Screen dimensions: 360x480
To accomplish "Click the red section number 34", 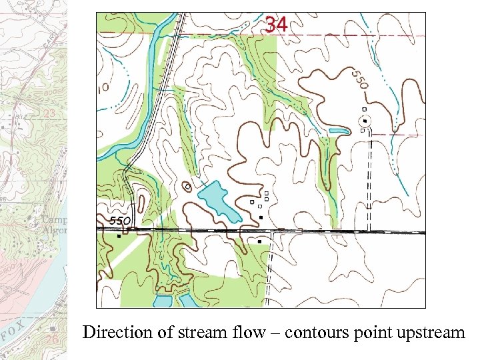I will pos(276,25).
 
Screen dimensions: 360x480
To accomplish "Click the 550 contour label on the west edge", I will pos(120,221).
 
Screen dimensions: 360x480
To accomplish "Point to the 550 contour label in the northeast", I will pos(359,81).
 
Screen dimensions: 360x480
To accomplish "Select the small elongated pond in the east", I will pos(338,131).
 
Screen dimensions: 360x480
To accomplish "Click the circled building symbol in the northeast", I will pos(365,121).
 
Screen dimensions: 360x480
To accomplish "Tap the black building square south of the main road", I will pos(259,241).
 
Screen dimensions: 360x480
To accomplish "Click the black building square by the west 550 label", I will pos(119,235).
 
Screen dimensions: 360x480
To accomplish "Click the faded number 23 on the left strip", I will pos(48,114).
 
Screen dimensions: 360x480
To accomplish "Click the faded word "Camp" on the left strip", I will pos(55,219).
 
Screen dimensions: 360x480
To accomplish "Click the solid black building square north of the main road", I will pos(261,217).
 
